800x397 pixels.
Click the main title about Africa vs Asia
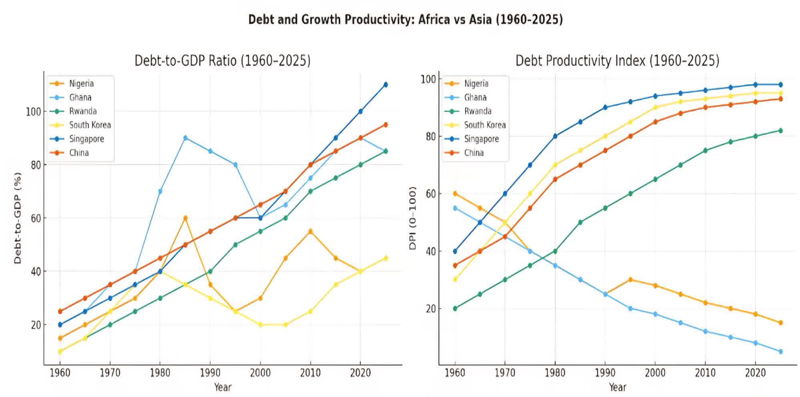(x=405, y=19)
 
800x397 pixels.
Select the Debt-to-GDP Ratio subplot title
(x=222, y=60)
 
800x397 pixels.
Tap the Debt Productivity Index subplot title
(x=617, y=60)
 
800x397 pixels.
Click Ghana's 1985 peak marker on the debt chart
(x=185, y=138)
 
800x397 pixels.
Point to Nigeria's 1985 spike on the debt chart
(x=185, y=218)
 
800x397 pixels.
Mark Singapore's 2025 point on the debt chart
(x=386, y=84)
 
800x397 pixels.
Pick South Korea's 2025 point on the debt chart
(x=386, y=258)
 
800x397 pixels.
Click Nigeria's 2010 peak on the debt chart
(x=310, y=231)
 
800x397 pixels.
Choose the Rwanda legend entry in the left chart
(x=82, y=111)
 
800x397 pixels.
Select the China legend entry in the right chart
(x=474, y=153)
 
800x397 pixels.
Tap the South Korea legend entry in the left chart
(x=90, y=125)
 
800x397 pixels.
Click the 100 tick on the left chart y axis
(x=34, y=112)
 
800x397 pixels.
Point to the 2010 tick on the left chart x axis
(x=310, y=373)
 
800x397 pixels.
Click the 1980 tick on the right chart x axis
(x=555, y=373)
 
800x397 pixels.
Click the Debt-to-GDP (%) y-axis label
(x=18, y=218)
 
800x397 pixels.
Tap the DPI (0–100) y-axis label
(x=413, y=218)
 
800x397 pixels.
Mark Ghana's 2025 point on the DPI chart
(x=780, y=351)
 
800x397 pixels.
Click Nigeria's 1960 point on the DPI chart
(x=455, y=194)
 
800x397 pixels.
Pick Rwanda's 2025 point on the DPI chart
(x=780, y=130)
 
